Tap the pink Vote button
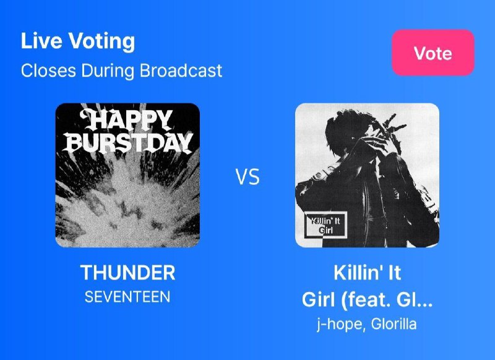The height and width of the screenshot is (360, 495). point(433,53)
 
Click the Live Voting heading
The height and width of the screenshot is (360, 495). point(78,41)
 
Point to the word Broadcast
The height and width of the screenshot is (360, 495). point(181,71)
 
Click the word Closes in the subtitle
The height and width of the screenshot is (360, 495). point(48,71)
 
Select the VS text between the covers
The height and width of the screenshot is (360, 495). point(248,177)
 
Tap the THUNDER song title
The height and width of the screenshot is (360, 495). point(128,273)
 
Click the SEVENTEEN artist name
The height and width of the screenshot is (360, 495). point(127,297)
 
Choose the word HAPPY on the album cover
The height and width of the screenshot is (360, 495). point(126,119)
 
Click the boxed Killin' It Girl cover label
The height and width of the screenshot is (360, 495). point(325,225)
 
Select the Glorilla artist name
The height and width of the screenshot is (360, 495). point(394,324)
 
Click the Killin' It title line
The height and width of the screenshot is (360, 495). point(367,273)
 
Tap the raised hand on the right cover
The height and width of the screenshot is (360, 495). point(389,132)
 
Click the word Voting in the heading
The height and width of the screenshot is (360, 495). point(101,41)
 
